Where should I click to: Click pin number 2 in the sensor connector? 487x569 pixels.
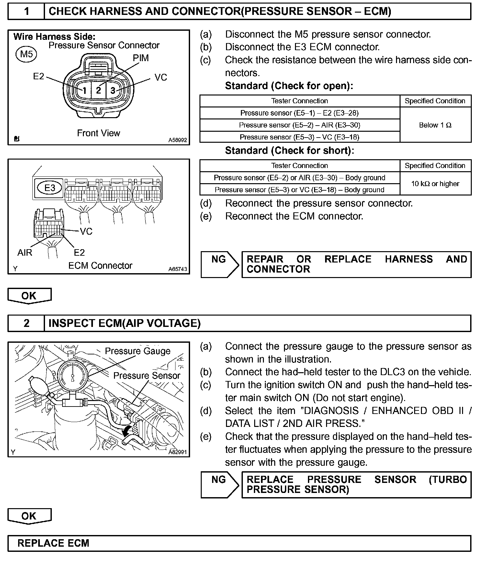(98, 90)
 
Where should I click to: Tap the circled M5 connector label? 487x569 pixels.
(26, 54)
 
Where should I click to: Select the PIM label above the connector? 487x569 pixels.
(141, 58)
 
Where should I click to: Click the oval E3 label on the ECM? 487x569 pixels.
(50, 188)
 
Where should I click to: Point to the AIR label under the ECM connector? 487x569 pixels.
(25, 252)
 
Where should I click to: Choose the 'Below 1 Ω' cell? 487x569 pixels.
(435, 125)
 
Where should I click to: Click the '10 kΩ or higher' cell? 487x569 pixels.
(435, 184)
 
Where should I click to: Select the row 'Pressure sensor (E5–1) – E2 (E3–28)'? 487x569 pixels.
(300, 113)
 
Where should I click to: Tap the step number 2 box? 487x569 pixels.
(26, 323)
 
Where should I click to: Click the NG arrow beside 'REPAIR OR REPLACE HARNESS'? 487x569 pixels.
(219, 264)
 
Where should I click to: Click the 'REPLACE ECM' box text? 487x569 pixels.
(53, 543)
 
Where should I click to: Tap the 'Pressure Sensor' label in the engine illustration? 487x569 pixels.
(146, 375)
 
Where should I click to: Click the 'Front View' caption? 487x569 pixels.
(98, 133)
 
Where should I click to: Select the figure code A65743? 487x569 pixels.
(177, 269)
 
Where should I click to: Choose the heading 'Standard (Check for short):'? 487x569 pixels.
(289, 151)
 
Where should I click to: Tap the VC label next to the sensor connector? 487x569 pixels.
(161, 77)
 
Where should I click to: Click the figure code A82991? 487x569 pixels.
(177, 452)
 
